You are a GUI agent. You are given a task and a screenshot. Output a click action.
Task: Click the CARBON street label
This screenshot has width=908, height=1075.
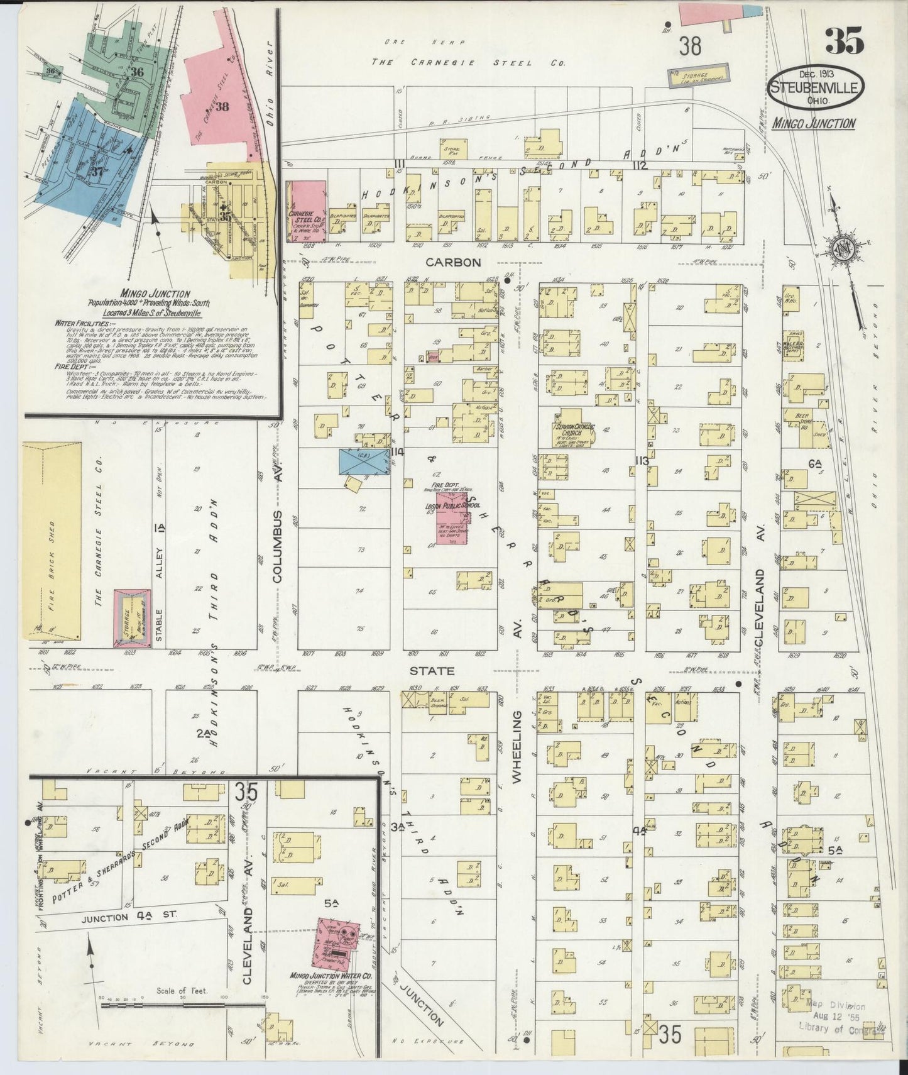click(x=461, y=262)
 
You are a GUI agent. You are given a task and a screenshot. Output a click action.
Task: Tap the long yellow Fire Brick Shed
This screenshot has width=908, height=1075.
click(x=52, y=539)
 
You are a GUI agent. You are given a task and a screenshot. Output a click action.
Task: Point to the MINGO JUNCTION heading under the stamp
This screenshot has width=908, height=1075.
click(x=814, y=123)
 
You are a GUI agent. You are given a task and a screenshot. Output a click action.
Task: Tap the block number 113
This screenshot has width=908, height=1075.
click(x=642, y=461)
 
